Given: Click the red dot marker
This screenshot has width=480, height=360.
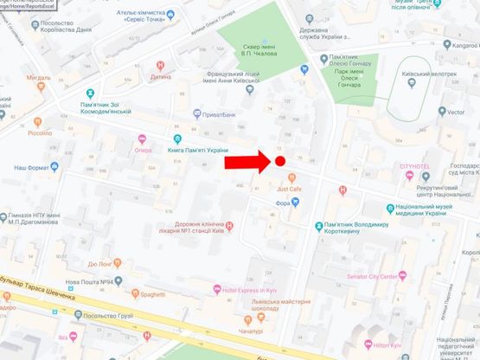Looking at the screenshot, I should click(279, 161).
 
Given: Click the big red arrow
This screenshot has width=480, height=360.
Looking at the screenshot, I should click(246, 162).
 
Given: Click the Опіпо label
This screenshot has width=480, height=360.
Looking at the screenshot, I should click(144, 149).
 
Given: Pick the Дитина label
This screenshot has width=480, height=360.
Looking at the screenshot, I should click(161, 76).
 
